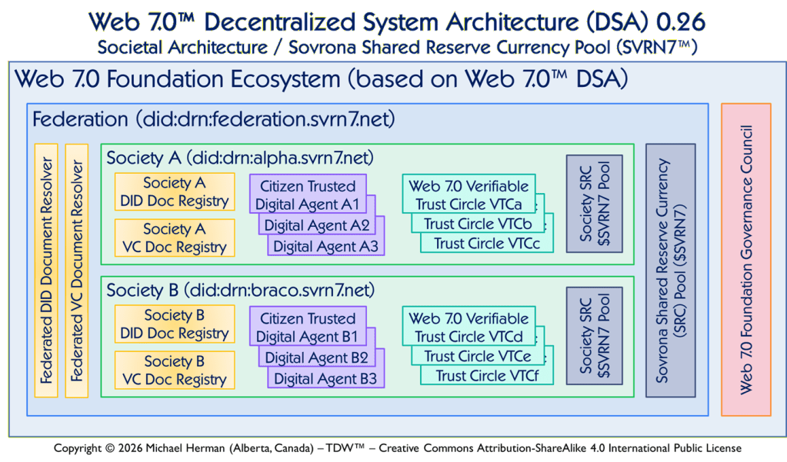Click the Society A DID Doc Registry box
[175, 192]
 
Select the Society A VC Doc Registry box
[175, 238]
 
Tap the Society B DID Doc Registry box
[175, 324]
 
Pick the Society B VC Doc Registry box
[175, 371]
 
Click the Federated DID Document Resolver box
[47, 270]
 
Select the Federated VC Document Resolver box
[77, 270]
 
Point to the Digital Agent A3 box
[325, 247]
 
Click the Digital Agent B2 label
[316, 357]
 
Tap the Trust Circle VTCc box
[482, 244]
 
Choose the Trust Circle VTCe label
[477, 357]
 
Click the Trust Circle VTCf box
[482, 376]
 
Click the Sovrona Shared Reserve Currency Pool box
[670, 270]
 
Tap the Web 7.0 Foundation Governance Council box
[745, 259]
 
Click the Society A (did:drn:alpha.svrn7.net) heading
[240, 158]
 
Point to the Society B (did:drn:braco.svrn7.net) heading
[240, 291]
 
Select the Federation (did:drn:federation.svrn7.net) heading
[213, 120]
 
